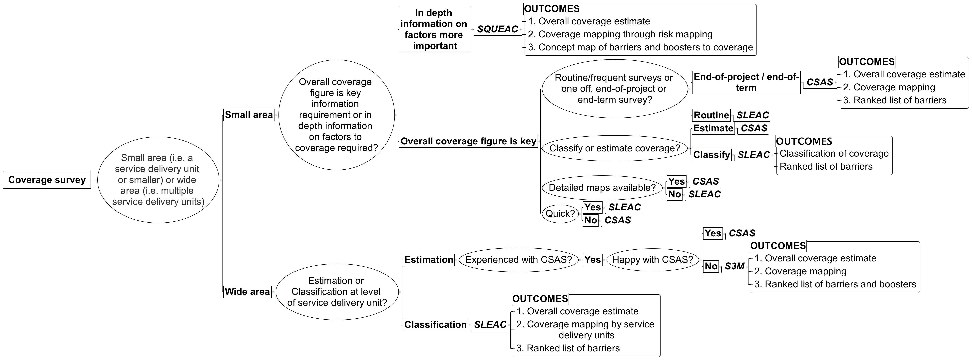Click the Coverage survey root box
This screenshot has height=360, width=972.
(x=47, y=180)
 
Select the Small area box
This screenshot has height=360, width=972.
(x=249, y=115)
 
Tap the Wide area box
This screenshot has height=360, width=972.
(x=247, y=292)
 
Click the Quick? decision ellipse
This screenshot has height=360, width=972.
(x=560, y=214)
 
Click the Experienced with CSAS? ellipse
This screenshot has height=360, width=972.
(x=518, y=260)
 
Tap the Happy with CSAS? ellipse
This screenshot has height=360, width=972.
(x=652, y=260)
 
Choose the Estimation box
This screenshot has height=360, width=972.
(x=429, y=260)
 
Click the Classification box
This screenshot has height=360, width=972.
(x=435, y=325)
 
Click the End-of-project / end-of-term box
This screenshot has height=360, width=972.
(x=746, y=82)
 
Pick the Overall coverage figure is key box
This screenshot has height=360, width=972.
(x=468, y=141)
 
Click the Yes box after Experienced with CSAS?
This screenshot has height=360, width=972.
(x=592, y=260)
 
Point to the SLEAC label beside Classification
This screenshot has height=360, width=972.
(x=490, y=325)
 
